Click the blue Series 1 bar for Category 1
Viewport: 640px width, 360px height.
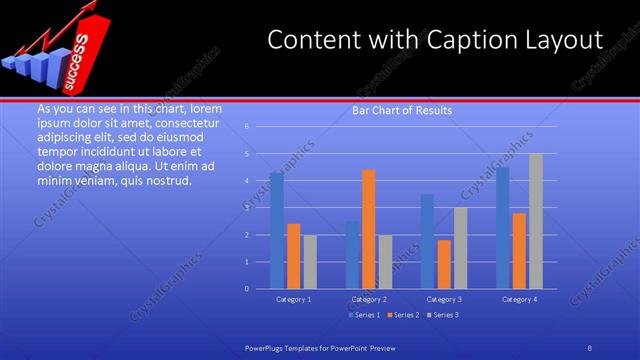coord(276,231)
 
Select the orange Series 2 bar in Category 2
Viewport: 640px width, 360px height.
coord(369,229)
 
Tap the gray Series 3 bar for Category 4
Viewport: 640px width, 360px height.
coord(536,221)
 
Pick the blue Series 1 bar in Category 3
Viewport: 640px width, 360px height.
coord(427,241)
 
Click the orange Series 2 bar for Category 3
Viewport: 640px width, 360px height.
coord(444,264)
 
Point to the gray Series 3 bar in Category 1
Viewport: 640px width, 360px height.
coord(310,262)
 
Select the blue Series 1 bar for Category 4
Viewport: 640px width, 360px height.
coord(503,228)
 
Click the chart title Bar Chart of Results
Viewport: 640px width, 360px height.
coord(402,111)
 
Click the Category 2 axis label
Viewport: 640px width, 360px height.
coord(369,299)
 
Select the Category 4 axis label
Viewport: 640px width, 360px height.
coord(519,299)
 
